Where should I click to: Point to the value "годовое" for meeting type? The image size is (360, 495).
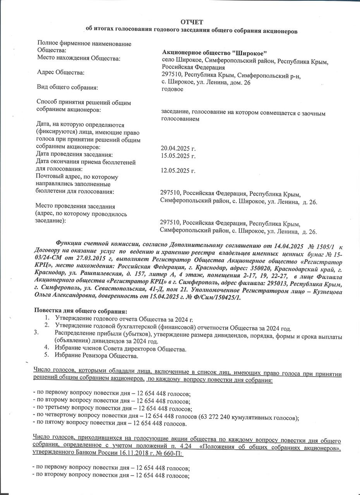click(x=172, y=89)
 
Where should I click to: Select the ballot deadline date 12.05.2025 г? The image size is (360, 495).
click(x=178, y=171)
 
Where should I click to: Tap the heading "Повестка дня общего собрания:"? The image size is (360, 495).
click(x=81, y=311)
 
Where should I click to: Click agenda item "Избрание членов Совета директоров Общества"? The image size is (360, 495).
click(x=120, y=349)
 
